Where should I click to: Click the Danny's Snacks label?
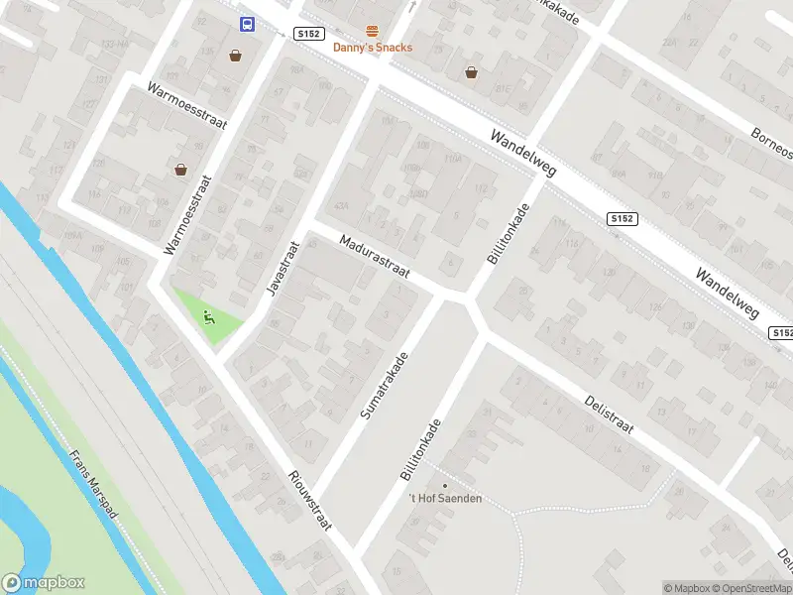pos(372,48)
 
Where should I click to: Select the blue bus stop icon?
pos(246,25)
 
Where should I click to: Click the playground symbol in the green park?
pos(208,317)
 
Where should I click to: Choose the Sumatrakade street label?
pos(385,384)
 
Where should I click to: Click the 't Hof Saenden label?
pos(445,498)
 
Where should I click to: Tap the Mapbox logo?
pos(44,583)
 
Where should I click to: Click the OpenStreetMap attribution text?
pos(748,588)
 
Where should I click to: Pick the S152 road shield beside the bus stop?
pos(309,33)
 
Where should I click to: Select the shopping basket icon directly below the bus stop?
pos(235,56)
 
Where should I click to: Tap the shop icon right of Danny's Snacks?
pos(471,71)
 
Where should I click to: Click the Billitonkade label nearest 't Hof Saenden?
pos(423,449)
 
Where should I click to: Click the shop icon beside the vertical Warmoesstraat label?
pos(180,170)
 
